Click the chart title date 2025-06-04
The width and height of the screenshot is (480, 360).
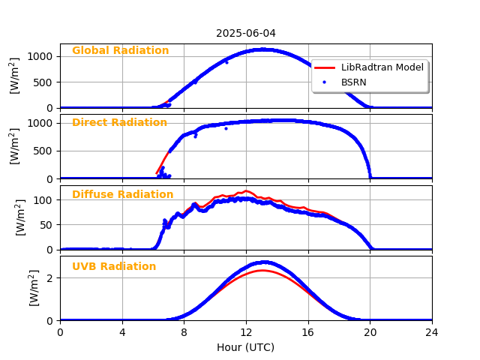246,33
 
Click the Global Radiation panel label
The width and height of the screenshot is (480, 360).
120,51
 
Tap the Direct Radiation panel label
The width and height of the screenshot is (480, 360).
119,123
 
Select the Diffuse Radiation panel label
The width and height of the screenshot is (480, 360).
122,195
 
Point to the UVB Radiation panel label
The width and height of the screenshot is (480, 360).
114,267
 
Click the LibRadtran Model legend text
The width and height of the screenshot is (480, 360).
382,67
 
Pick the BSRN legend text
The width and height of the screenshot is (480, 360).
354,82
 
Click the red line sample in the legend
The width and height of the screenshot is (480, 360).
326,67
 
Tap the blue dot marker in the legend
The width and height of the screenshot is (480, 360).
326,82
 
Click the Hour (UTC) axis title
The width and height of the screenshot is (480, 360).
246,347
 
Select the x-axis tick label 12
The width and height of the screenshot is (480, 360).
246,332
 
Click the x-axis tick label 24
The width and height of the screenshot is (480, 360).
432,332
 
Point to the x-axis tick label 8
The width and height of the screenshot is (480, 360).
184,332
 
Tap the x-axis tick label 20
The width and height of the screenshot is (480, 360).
370,332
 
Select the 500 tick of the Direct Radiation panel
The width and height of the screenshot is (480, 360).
43,151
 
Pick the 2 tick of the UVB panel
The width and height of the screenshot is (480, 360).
49,278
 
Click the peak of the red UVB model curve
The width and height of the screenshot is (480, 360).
262,270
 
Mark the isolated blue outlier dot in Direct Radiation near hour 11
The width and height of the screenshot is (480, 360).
226,128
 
